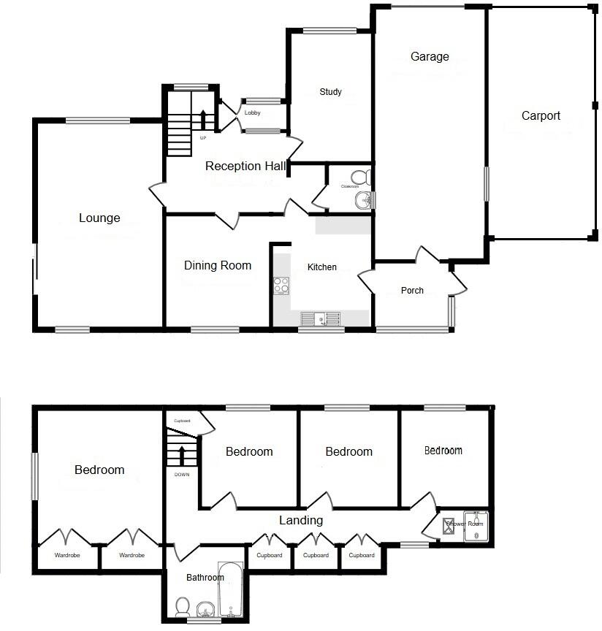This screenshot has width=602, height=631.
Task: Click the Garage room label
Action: (430, 57)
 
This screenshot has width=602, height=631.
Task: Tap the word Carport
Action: (541, 115)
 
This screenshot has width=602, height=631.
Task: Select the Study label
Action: (330, 92)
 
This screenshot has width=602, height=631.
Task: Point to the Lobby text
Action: (253, 112)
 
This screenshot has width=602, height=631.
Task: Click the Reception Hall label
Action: (245, 166)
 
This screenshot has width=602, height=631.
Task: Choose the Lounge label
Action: (99, 218)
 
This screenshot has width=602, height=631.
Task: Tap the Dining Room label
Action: (217, 265)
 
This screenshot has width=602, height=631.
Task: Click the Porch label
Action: (412, 290)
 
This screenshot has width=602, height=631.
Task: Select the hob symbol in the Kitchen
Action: (281, 286)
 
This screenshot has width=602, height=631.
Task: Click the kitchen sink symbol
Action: (321, 318)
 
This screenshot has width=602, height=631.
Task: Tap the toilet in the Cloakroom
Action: (360, 177)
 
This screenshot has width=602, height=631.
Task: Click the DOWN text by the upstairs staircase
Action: (181, 475)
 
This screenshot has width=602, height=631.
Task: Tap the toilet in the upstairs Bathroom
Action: (183, 606)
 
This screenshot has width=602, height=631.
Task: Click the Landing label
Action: (301, 520)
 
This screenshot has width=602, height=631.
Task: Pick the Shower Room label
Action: (465, 524)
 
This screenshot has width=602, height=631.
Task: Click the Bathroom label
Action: (205, 578)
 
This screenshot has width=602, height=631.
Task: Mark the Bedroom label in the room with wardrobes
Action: (99, 470)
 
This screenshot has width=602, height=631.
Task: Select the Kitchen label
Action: (321, 267)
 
